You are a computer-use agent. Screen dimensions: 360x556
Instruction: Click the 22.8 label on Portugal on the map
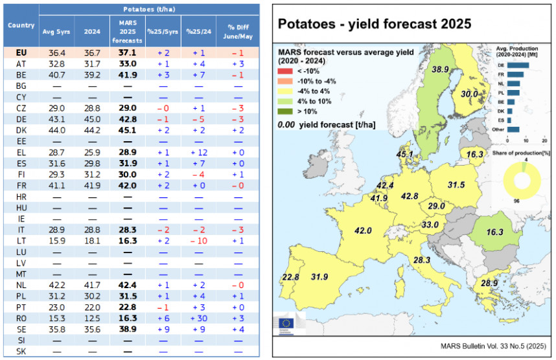tap(290, 277)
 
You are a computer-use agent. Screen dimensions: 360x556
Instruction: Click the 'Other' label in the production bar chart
tap(500, 129)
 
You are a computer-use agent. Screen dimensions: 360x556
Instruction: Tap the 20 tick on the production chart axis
tap(544, 141)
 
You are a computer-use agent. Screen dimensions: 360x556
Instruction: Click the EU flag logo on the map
tap(284, 322)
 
